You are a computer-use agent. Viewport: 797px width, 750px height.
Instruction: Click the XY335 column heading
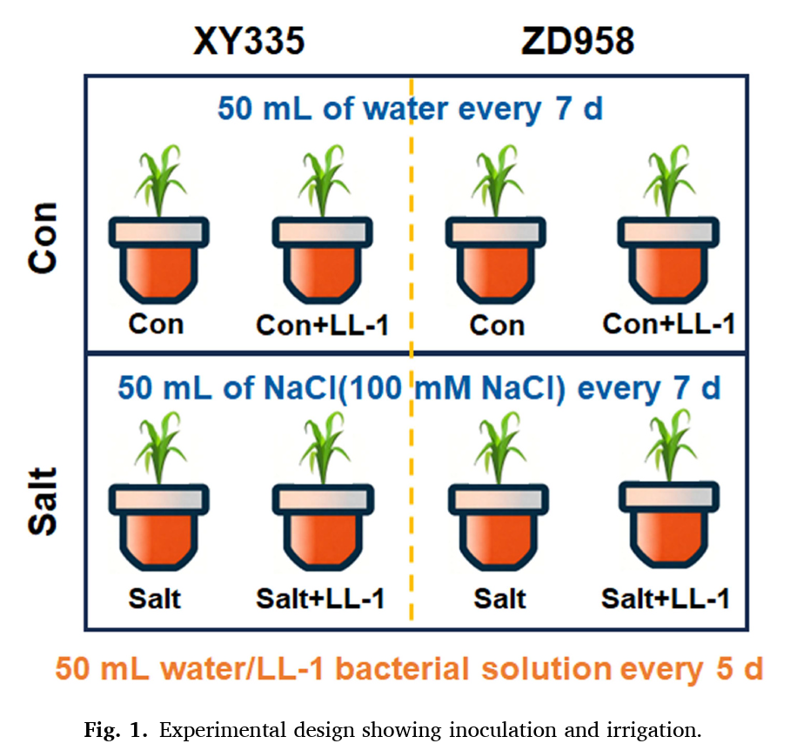click(249, 41)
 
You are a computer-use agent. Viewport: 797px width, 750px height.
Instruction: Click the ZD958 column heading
click(578, 41)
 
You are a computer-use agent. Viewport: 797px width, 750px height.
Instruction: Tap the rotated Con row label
click(44, 238)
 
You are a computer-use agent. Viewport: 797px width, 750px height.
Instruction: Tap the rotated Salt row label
click(44, 501)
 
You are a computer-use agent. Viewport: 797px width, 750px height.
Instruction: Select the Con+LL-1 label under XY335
click(323, 325)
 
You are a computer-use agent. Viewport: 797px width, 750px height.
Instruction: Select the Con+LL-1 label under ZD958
click(669, 324)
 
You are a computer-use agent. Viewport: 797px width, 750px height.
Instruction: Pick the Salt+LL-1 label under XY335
click(320, 599)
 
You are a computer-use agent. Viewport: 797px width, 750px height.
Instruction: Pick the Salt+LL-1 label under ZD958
click(666, 599)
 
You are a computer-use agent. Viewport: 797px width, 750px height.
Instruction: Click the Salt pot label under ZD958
click(499, 599)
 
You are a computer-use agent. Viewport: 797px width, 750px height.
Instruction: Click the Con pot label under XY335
click(156, 325)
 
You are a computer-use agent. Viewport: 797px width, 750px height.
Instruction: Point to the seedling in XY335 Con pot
click(159, 180)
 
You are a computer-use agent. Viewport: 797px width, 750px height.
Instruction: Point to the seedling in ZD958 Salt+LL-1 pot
click(670, 445)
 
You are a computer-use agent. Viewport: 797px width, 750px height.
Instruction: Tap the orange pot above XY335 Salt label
click(158, 527)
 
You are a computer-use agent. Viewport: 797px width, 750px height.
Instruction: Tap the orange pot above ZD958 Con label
click(496, 260)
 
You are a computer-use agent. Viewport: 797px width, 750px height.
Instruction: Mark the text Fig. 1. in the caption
click(116, 730)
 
